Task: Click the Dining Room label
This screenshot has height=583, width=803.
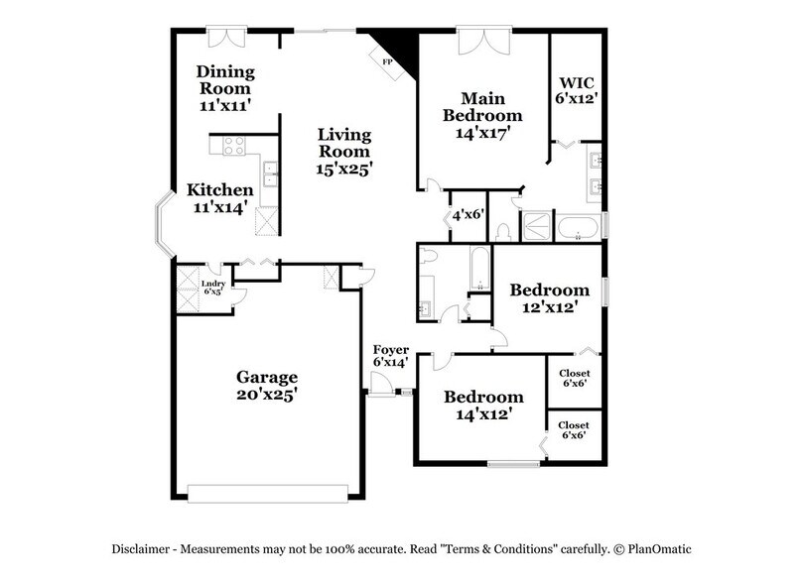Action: (x=225, y=86)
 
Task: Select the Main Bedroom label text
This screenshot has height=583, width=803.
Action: (x=482, y=115)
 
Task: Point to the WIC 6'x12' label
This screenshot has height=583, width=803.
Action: (x=576, y=88)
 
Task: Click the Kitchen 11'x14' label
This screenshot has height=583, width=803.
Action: (x=220, y=198)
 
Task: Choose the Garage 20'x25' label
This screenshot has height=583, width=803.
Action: (x=267, y=386)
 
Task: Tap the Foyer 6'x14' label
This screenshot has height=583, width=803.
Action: (x=391, y=356)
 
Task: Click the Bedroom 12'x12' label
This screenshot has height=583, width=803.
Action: (x=544, y=298)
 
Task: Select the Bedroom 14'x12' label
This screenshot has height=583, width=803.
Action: (x=483, y=406)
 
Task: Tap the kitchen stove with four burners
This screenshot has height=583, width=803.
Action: (x=234, y=147)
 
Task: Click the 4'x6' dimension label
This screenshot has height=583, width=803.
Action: (x=466, y=215)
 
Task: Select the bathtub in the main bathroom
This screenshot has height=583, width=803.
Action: (x=577, y=228)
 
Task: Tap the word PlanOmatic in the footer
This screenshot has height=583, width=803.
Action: (x=659, y=548)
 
